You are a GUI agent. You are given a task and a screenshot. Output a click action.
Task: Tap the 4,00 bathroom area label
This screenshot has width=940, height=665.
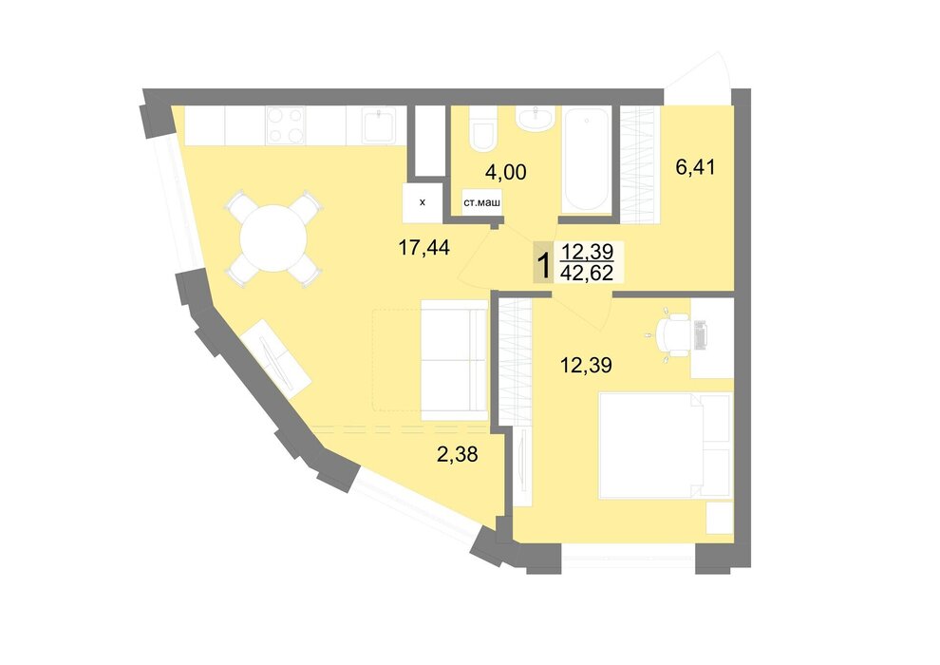point(506,172)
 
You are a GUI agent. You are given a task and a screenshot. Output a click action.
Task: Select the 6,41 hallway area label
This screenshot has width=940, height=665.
point(695,166)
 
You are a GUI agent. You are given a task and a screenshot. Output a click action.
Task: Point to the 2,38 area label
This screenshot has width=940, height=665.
point(458,454)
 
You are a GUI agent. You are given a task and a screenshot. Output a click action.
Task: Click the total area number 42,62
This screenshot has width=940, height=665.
point(586,273)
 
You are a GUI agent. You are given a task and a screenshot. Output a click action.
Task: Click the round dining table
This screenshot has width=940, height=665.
point(273,238)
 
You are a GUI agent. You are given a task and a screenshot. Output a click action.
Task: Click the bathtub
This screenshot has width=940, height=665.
point(586,160)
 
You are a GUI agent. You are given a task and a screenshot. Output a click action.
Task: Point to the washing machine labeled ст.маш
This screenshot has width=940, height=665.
point(482,202)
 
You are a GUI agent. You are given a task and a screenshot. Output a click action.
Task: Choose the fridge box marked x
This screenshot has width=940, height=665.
point(423,202)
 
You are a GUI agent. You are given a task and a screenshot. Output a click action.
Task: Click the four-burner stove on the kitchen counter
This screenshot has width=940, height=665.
point(286,125)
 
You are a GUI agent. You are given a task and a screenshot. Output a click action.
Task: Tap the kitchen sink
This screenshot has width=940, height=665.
point(379,125)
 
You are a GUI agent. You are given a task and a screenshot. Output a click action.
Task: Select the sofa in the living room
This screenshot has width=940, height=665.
point(455,360)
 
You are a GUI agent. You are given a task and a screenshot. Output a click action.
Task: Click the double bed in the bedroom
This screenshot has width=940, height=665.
point(666,445)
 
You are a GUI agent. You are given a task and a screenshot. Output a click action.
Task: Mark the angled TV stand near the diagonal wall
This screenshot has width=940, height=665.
point(279,358)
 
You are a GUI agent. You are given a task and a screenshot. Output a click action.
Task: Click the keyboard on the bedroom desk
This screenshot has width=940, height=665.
point(700,334)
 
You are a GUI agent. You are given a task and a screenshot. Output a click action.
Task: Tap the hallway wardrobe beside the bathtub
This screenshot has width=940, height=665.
point(640,165)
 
